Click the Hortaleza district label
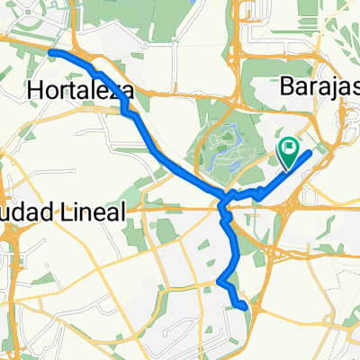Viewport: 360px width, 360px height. (81, 90)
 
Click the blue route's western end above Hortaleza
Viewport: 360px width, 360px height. (50, 53)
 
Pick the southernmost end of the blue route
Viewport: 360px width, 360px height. (245, 307)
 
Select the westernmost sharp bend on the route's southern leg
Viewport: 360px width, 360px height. (219, 282)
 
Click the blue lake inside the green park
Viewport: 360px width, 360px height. (225, 141)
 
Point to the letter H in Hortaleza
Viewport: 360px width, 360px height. (36, 90)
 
